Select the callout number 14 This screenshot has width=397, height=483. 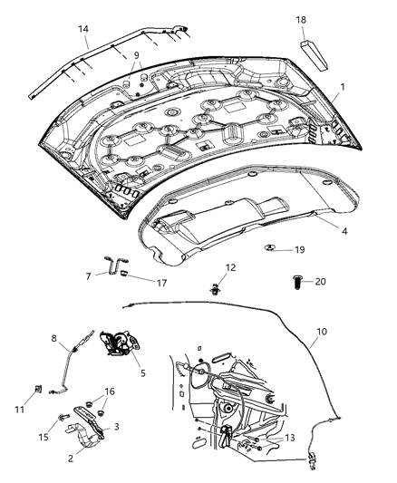pyautogui.click(x=83, y=29)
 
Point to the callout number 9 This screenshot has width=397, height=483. pyautogui.click(x=136, y=55)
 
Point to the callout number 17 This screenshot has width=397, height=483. pyautogui.click(x=163, y=283)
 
